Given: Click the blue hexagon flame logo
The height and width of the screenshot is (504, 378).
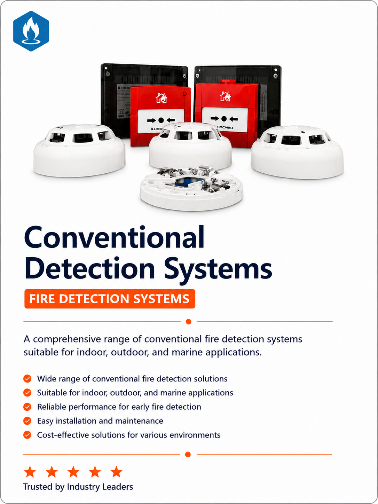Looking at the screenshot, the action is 31,31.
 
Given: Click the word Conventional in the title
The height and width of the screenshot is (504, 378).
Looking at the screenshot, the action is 114,237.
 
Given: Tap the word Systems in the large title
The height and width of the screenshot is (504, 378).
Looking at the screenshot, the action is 218,269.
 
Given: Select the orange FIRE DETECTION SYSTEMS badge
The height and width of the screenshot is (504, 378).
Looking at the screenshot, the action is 110,299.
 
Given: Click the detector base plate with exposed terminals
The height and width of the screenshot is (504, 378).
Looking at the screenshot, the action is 191,188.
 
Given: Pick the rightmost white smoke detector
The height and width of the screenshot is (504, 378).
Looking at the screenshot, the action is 297,152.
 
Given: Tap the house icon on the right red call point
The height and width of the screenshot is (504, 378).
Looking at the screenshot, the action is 225,96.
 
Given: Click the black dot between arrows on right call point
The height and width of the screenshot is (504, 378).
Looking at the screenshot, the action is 224,119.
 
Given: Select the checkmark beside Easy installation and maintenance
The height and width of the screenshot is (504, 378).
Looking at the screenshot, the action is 27,421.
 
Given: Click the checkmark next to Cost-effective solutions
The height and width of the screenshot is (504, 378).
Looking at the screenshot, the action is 27,435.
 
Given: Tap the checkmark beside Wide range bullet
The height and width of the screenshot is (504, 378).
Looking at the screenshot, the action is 27,379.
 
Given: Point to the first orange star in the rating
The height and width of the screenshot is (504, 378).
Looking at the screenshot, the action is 30,472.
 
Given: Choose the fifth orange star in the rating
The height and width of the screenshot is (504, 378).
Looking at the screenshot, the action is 116,472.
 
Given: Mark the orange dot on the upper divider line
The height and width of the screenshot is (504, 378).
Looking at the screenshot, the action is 189,322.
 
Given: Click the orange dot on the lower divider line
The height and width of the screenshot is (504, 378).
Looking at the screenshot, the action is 188,455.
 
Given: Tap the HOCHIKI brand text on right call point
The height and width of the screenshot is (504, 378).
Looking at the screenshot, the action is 225,127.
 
